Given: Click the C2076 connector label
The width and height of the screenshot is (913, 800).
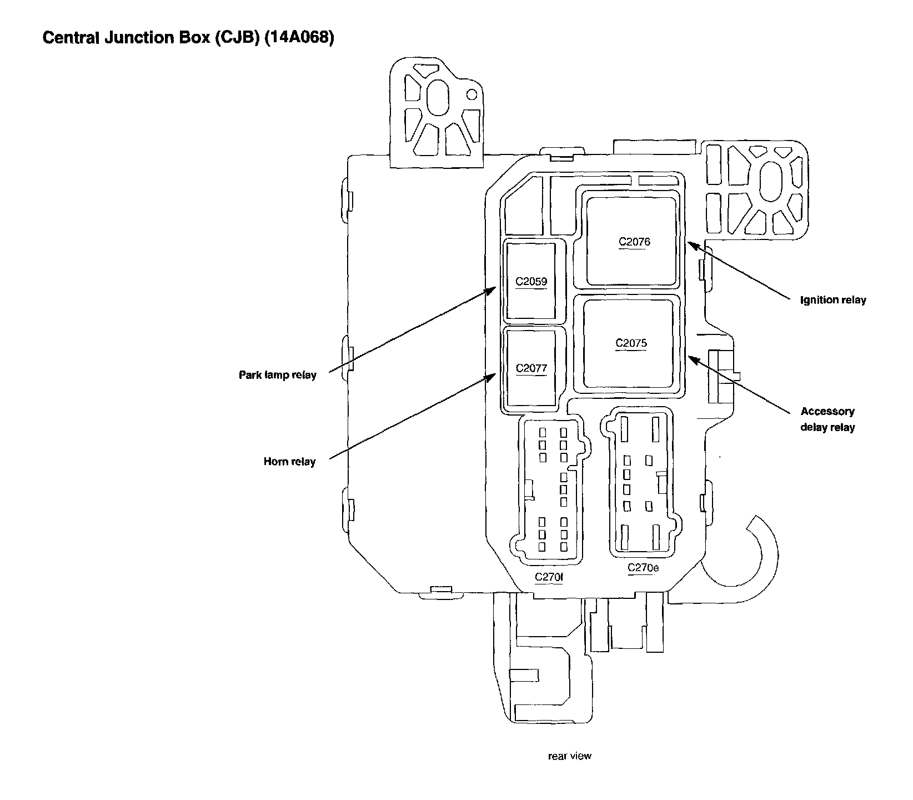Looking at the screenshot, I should click(634, 242).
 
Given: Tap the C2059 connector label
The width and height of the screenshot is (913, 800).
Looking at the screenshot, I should click(531, 282).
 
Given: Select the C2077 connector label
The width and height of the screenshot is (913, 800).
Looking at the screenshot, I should click(531, 368).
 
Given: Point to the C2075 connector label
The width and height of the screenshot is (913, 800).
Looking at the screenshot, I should click(631, 343).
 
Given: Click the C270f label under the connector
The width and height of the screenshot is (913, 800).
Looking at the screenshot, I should click(549, 577).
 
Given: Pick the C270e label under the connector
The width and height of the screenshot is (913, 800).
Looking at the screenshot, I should click(643, 568).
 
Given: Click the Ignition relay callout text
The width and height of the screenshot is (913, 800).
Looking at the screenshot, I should click(832, 300).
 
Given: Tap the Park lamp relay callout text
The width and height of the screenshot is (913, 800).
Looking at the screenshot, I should click(277, 375).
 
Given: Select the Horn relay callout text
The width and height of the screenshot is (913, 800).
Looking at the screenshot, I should click(289, 462).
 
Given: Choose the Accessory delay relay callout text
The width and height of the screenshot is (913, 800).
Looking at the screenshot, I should click(827, 419).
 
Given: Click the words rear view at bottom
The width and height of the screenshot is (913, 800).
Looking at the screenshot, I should click(569, 756).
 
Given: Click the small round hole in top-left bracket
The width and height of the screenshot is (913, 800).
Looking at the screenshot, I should click(471, 94).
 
